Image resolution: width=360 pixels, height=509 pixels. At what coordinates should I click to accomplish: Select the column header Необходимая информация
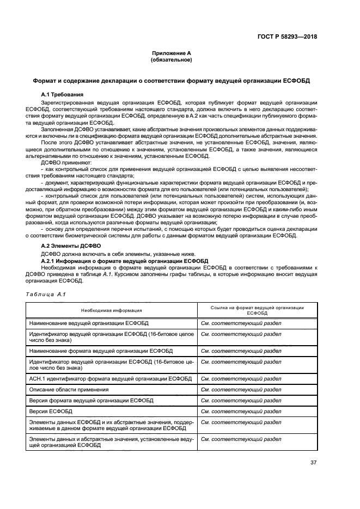pos(112,310)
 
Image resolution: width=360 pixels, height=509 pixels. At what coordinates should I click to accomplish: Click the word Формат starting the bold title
pos(45,80)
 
